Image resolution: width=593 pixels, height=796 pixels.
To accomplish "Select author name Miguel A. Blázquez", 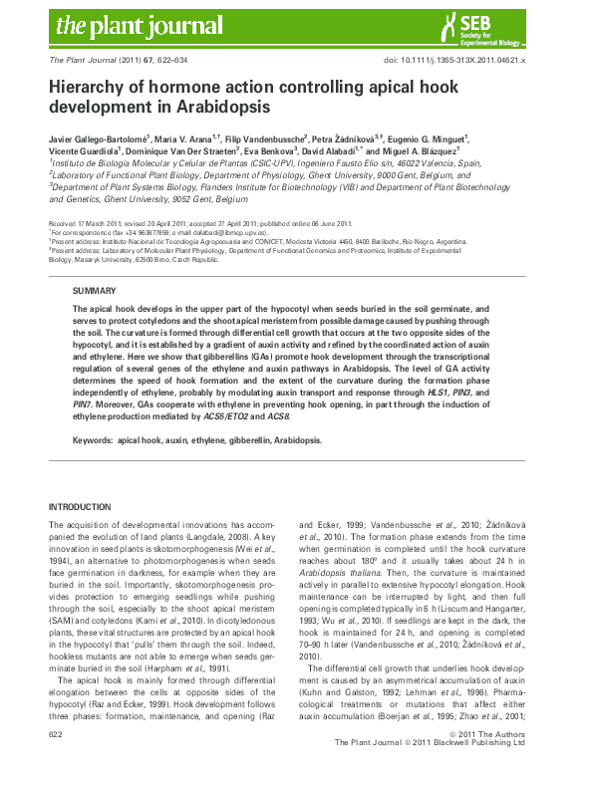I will [421, 152].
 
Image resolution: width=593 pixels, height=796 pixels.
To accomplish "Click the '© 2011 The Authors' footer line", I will [497, 761].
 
